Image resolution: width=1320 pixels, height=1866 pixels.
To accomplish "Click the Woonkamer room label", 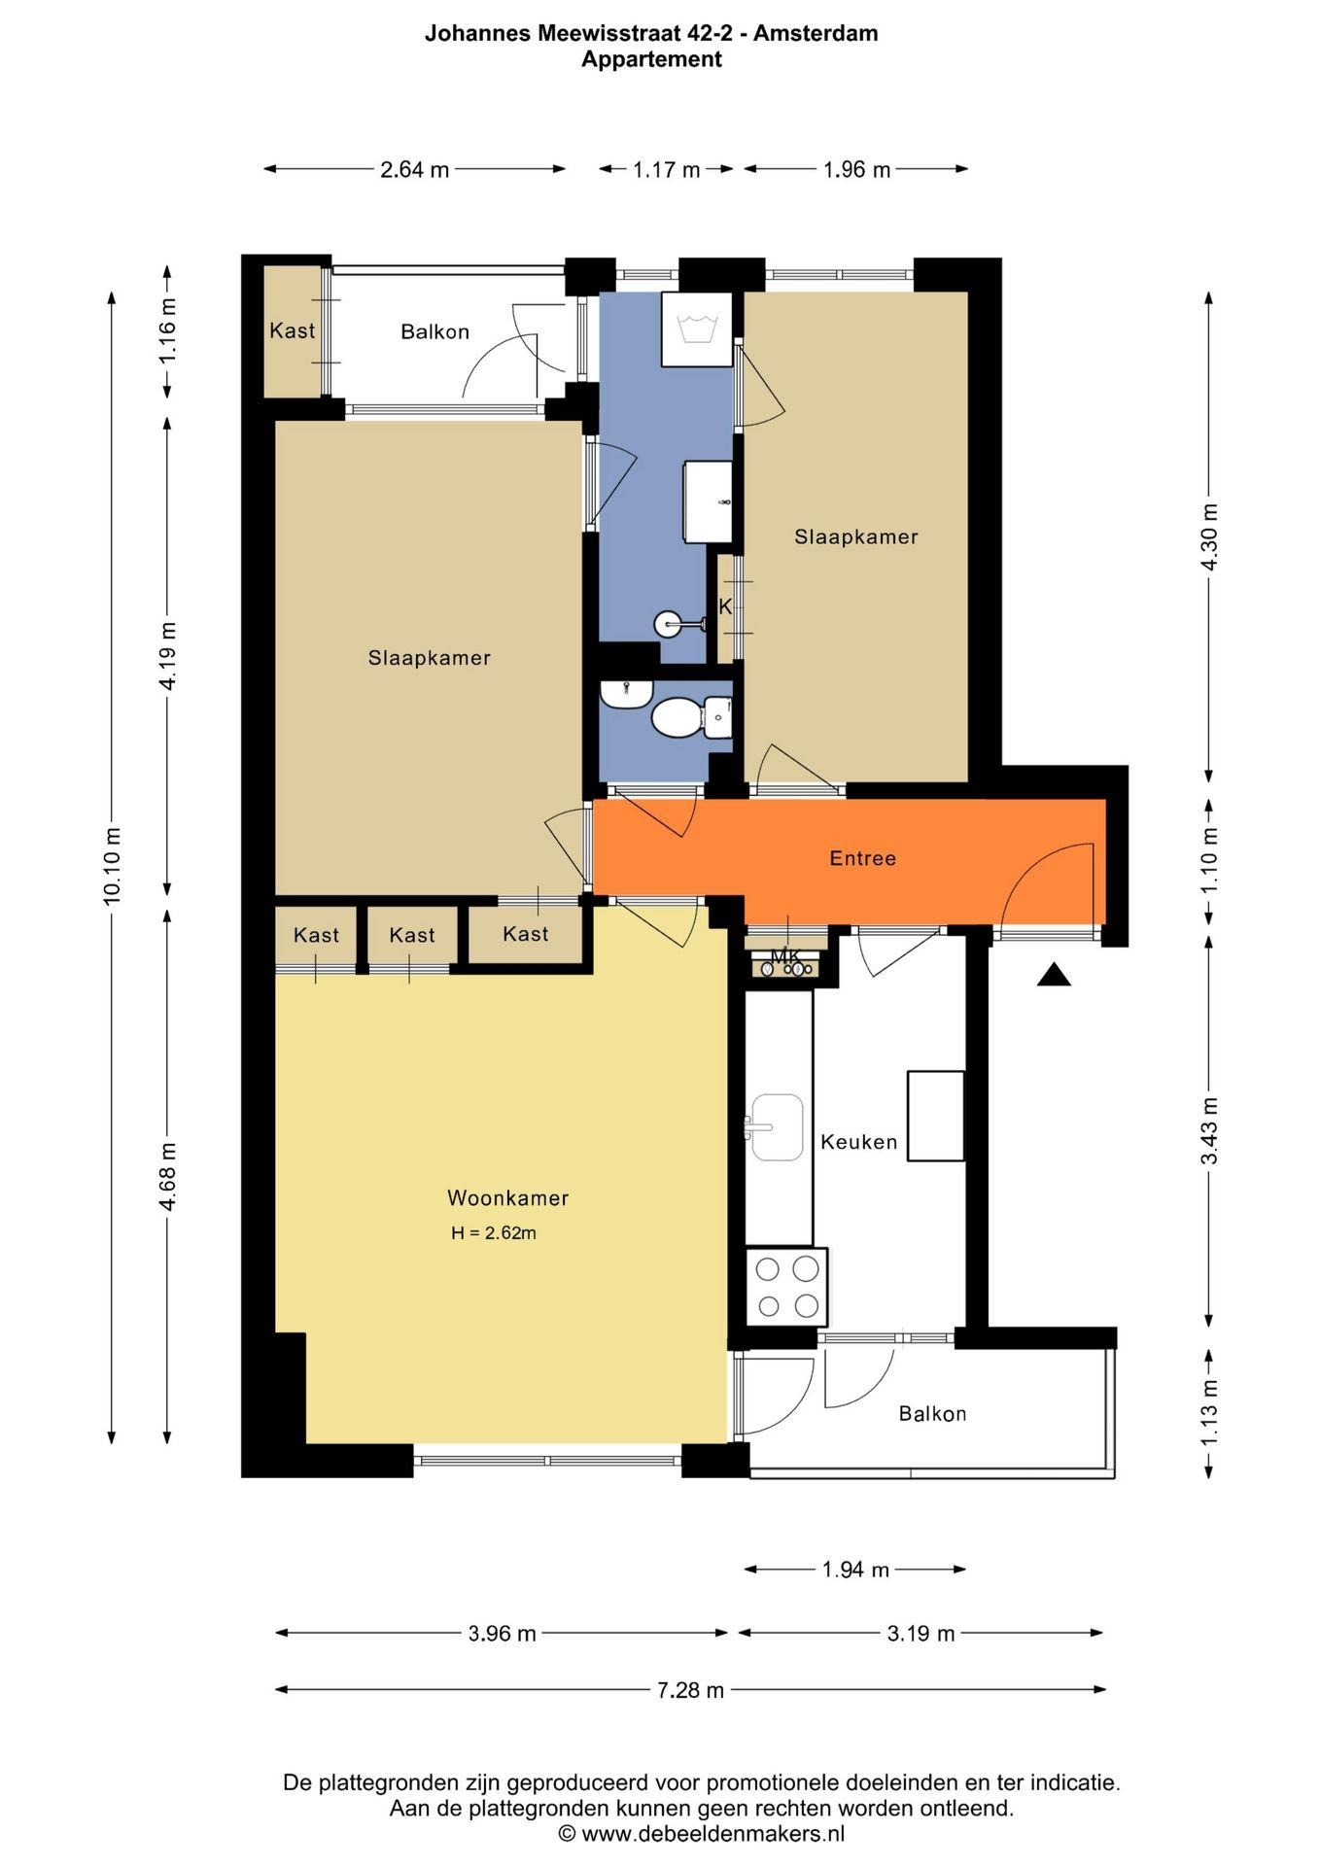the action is (x=507, y=1198).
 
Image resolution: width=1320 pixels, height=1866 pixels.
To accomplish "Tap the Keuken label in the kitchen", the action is (x=858, y=1142).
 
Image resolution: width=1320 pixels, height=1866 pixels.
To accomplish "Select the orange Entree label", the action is (x=862, y=858).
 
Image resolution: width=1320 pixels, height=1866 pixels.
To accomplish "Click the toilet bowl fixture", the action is (x=677, y=718).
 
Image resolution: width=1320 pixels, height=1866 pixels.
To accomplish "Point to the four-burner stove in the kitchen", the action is (x=786, y=1287).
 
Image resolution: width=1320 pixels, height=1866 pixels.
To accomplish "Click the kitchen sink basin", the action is (x=777, y=1127).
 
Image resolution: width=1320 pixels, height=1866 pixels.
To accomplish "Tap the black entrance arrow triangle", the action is (x=1054, y=975).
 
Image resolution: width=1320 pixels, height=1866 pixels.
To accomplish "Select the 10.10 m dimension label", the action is (x=113, y=866).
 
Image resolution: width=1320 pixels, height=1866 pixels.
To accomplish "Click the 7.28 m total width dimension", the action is (x=690, y=1690).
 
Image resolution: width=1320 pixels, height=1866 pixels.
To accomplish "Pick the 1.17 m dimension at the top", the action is (x=666, y=170).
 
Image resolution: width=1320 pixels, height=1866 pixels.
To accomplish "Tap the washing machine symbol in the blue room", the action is (x=697, y=329).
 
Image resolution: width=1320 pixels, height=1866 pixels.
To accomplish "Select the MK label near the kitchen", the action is (x=784, y=957).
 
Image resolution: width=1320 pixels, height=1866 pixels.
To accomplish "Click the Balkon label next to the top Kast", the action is (x=434, y=331).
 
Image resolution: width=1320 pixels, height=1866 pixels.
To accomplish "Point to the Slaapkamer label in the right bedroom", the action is (x=855, y=536).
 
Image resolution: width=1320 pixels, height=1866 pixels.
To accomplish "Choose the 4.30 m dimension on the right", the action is (x=1209, y=537).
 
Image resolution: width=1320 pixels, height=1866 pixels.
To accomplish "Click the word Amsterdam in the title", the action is (x=816, y=33).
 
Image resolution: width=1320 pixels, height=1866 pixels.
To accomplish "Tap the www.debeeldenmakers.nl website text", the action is (x=712, y=1834).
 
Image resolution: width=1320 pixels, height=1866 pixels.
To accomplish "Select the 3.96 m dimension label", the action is (x=502, y=1634).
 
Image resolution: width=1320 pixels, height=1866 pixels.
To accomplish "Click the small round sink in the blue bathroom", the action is (x=669, y=623).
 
